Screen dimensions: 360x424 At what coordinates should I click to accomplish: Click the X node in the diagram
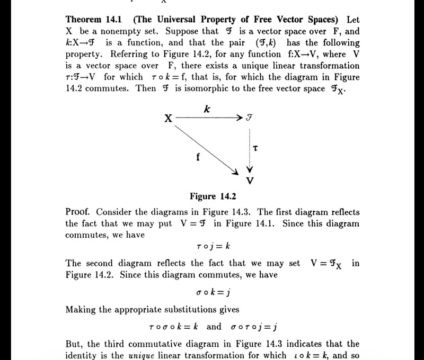[167, 119]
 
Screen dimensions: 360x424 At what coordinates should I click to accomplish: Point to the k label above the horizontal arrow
[207, 109]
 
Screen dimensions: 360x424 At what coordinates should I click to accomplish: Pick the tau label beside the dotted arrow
[255, 149]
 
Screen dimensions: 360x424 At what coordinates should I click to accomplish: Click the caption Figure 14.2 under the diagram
[213, 197]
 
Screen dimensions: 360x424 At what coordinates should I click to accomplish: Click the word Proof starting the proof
[79, 212]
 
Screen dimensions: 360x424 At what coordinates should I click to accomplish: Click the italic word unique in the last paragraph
[142, 355]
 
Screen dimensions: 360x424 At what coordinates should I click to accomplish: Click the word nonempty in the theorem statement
[114, 31]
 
